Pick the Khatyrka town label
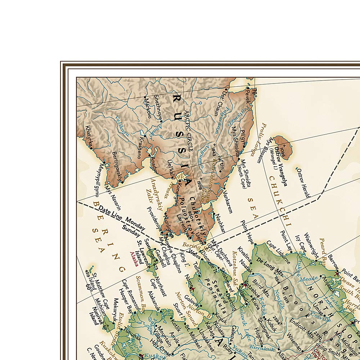88,137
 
